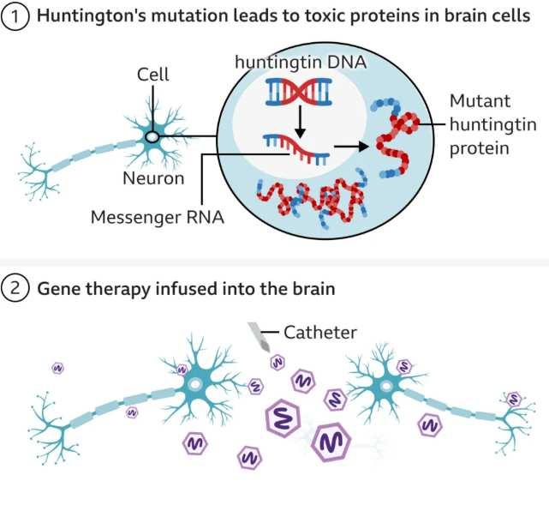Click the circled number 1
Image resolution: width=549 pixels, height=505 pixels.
point(15,17)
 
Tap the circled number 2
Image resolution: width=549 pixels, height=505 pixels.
point(15,289)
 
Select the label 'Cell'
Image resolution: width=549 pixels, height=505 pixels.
point(153,75)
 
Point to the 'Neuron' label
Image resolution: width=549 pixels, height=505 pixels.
point(152,178)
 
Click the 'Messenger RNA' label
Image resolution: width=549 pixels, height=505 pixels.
point(158,217)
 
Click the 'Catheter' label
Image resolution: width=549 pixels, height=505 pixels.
point(319,332)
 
